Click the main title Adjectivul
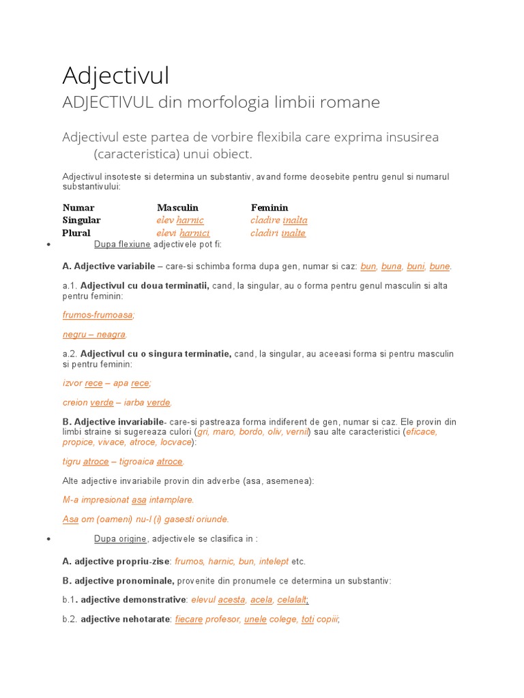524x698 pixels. tap(116, 75)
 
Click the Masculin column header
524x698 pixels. tap(177, 207)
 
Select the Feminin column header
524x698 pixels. tap(270, 207)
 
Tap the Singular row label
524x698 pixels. tap(81, 220)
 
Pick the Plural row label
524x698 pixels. tap(76, 233)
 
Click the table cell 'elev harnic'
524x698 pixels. tap(180, 220)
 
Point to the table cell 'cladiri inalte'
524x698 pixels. tap(278, 233)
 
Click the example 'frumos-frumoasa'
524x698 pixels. tap(98, 315)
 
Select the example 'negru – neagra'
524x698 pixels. tap(94, 335)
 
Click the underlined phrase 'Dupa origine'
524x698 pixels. tap(120, 539)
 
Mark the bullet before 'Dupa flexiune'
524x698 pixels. tap(48, 244)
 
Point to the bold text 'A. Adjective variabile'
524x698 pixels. tap(108, 266)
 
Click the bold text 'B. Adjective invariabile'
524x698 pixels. tap(113, 422)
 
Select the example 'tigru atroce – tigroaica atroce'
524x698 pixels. tap(123, 461)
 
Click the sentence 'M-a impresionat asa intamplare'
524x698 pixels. tap(128, 500)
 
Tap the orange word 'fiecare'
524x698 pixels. tap(189, 620)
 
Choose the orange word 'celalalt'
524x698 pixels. tap(292, 600)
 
